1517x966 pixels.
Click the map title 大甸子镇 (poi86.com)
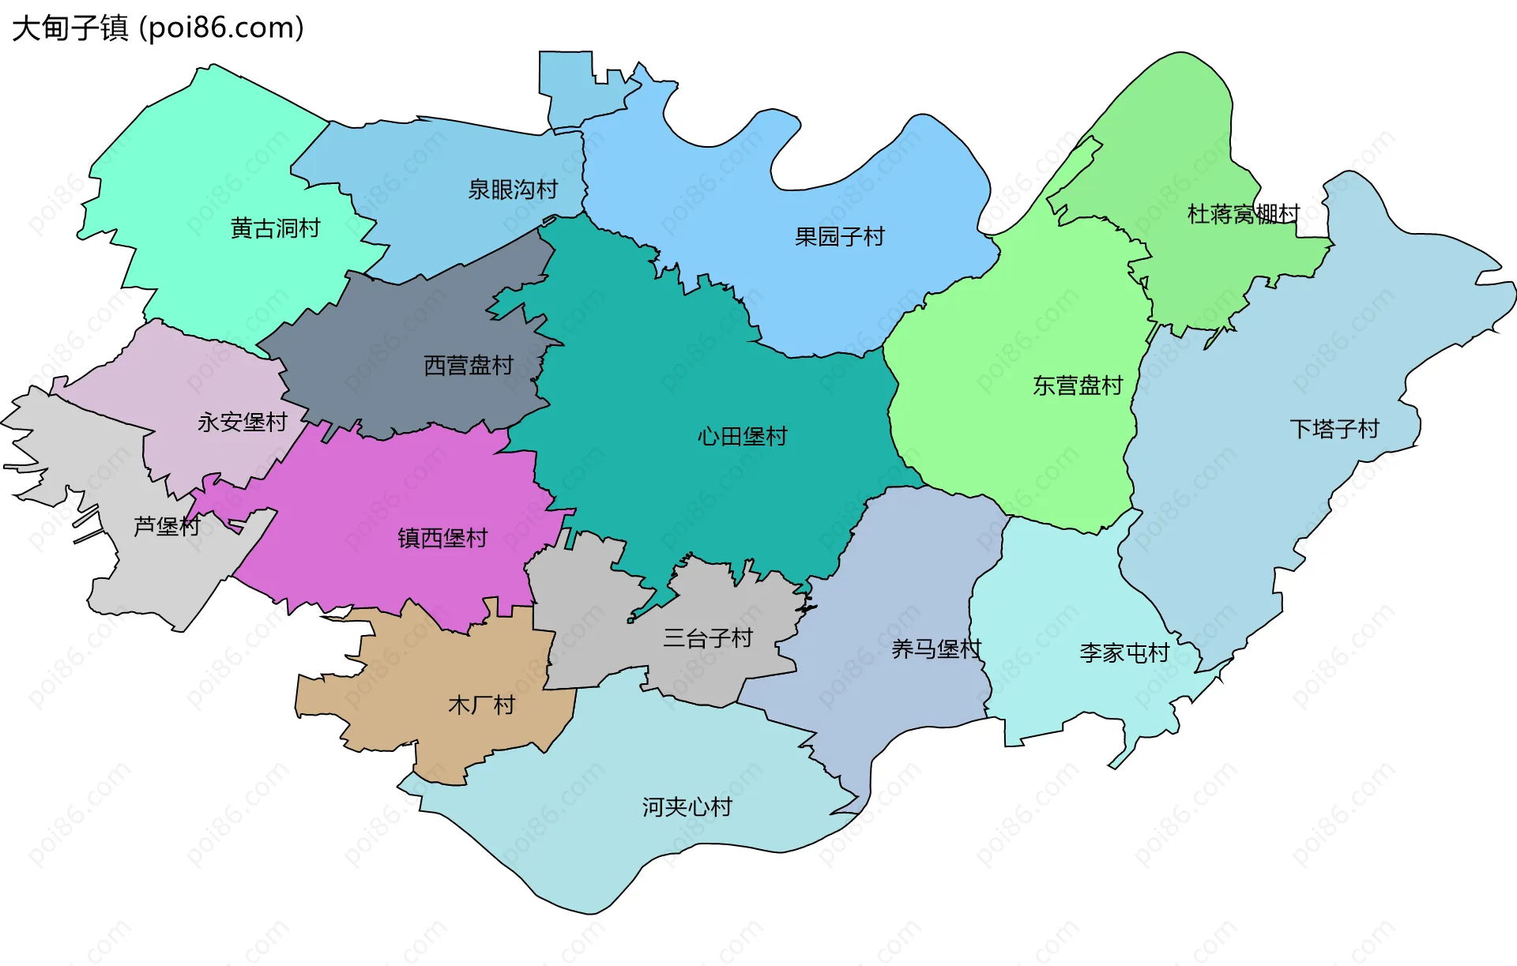[158, 28]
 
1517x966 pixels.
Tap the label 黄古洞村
[275, 228]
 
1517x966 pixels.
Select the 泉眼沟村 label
[513, 190]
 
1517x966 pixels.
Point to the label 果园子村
[839, 236]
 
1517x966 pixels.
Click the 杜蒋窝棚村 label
[1243, 214]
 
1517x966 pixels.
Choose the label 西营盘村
[469, 365]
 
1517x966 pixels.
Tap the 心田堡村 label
[742, 436]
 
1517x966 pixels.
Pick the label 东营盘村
[1078, 385]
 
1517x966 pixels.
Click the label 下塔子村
[1334, 429]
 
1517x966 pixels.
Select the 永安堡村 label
[242, 422]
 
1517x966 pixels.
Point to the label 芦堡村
[167, 526]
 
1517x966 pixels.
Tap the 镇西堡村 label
[442, 538]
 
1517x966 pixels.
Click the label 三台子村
[708, 637]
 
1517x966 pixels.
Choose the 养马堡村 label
[936, 648]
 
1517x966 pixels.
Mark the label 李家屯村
[1124, 652]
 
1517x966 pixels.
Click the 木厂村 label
[481, 705]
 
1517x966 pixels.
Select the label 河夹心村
[687, 806]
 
